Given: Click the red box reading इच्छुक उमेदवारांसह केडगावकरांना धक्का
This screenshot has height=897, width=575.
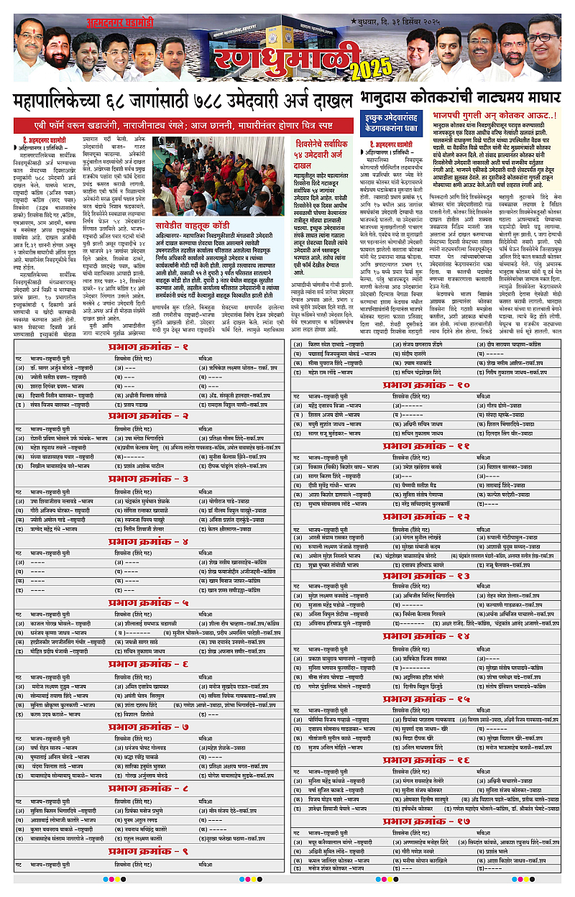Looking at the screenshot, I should [395, 123].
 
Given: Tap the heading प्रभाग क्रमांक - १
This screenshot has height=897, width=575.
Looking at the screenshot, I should [149, 347].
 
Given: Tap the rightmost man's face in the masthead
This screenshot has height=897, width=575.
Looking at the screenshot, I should [543, 36].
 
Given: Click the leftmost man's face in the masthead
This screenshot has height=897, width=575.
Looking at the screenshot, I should [30, 36].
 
